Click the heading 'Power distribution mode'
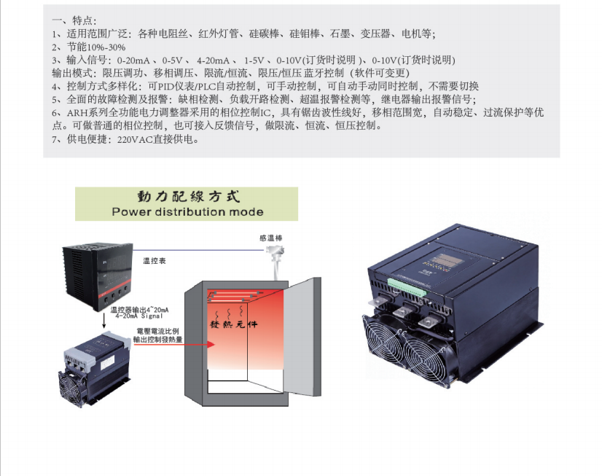tap(187, 212)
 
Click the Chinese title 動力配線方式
tap(189, 197)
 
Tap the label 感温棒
tap(271, 238)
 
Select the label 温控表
tap(155, 261)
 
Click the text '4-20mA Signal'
tap(139, 316)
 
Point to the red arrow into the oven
tap(174, 344)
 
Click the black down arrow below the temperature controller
tap(103, 321)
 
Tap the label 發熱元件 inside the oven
tap(233, 324)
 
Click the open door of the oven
tap(302, 337)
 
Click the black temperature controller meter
tap(98, 276)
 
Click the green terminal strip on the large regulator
tap(407, 288)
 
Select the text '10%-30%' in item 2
tap(106, 47)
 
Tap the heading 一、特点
tap(74, 20)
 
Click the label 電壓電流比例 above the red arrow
tap(158, 331)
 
